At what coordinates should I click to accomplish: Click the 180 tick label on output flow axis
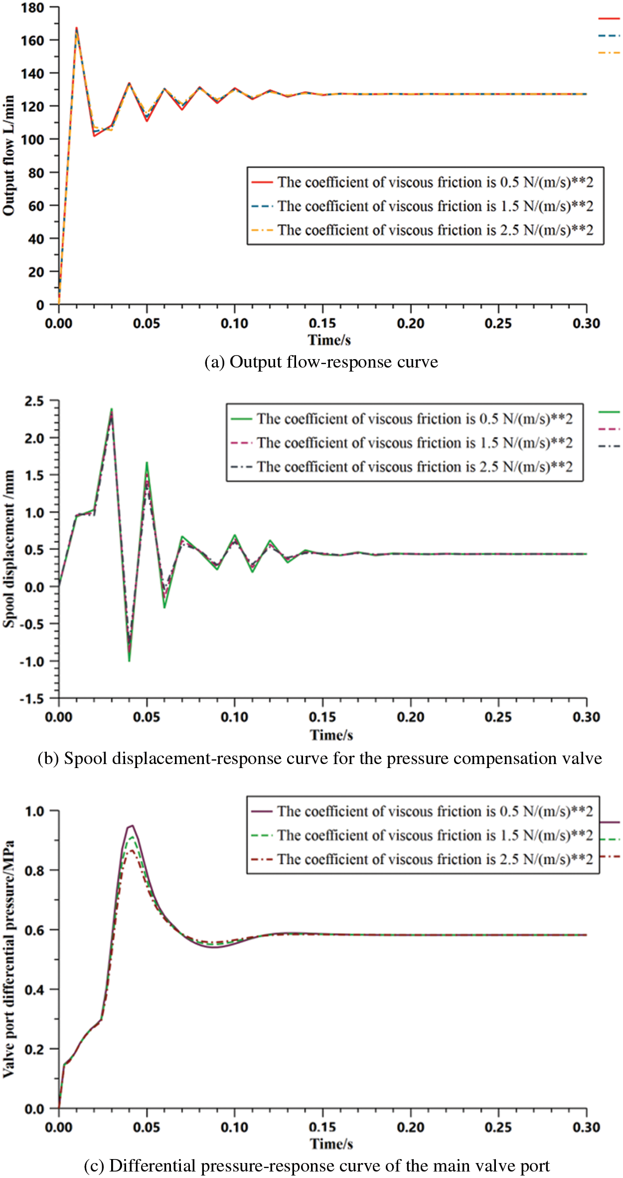coord(32,7)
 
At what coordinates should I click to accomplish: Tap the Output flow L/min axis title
coord(8,156)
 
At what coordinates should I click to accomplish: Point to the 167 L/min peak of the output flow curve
coord(76,28)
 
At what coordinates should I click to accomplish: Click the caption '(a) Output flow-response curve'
coord(321,362)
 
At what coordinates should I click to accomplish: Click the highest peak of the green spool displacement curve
coord(112,409)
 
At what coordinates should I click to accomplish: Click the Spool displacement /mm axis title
coord(8,549)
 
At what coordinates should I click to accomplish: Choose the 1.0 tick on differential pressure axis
coord(34,811)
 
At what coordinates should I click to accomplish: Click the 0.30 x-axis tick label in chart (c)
coord(586,1127)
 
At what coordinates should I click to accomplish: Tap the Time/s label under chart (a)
coord(329,340)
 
